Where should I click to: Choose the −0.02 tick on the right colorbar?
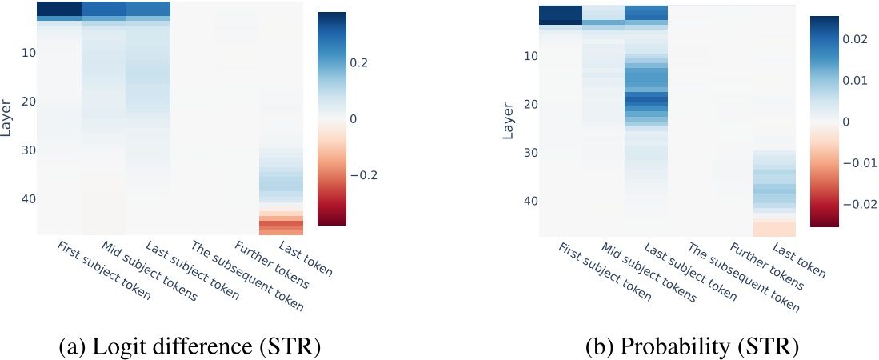[x=857, y=204]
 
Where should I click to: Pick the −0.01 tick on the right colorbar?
[x=857, y=162]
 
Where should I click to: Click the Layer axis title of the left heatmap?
[x=7, y=118]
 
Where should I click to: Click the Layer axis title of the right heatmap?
[x=509, y=120]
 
